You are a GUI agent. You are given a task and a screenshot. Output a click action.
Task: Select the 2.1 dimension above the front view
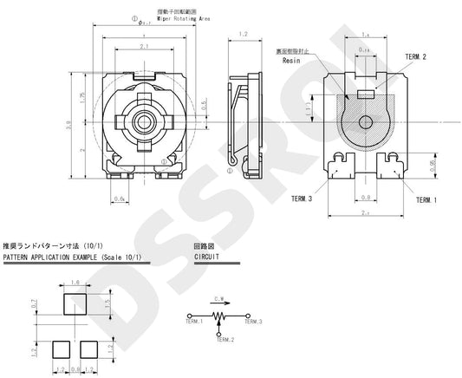pos(143,46)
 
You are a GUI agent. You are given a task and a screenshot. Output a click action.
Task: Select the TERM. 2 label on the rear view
pos(415,56)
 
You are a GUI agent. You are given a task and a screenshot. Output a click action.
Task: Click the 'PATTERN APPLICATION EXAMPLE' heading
pos(62,257)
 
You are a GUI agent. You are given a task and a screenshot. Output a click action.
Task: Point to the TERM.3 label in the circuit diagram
pos(253,322)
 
